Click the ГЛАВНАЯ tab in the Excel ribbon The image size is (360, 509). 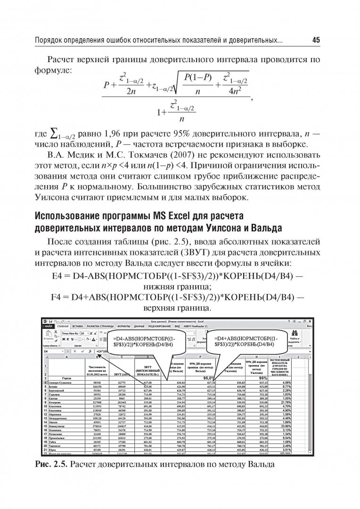[63, 326]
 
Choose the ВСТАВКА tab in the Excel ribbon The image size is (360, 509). [78, 326]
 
